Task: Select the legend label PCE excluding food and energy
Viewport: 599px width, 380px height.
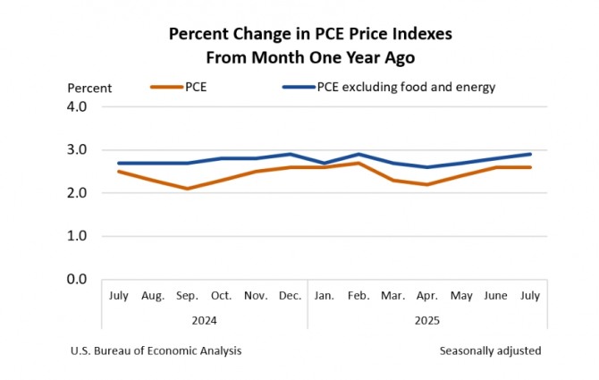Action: (406, 87)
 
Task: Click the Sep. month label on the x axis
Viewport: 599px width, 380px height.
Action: (187, 295)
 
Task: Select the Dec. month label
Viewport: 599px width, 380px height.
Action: (290, 295)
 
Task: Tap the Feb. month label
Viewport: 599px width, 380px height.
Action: (359, 295)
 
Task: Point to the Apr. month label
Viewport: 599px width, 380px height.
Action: (427, 295)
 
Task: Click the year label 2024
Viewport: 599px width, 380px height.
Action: (205, 319)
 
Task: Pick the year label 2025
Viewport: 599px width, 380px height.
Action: (427, 319)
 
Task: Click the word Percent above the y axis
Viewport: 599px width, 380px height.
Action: (89, 88)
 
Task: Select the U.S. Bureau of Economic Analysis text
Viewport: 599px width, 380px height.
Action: (156, 350)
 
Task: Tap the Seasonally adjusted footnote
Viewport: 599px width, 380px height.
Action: (490, 350)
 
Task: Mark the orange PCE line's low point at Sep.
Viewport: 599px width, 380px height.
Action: (187, 189)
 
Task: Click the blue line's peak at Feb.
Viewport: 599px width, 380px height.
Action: (359, 154)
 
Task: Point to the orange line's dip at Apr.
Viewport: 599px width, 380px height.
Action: (427, 184)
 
